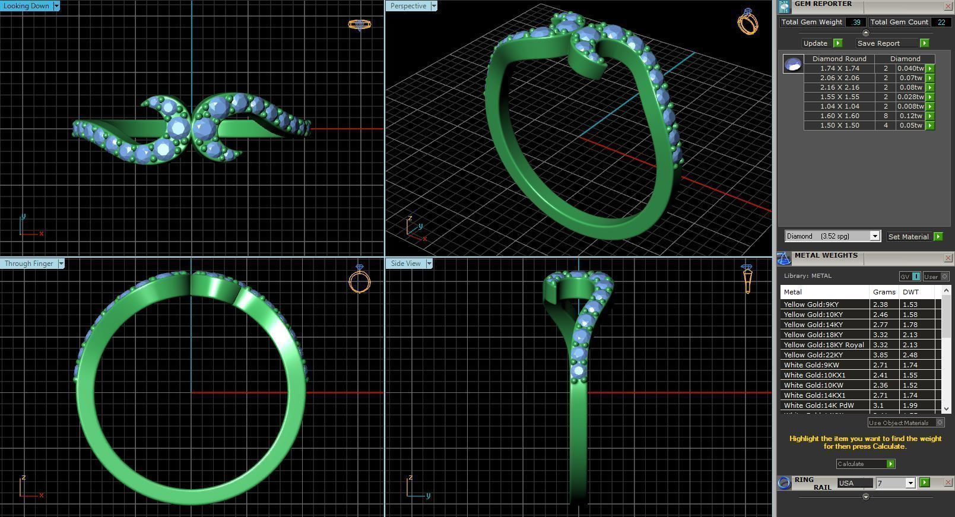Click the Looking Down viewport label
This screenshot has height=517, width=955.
pyautogui.click(x=27, y=6)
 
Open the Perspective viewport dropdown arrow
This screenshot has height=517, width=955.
pyautogui.click(x=434, y=6)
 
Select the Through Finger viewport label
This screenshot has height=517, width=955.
pyautogui.click(x=28, y=264)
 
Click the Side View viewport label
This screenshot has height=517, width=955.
pyautogui.click(x=405, y=264)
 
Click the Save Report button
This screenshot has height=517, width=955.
pyautogui.click(x=878, y=43)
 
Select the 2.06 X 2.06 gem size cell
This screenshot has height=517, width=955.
pyautogui.click(x=839, y=78)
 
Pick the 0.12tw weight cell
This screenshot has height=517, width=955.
pyautogui.click(x=909, y=116)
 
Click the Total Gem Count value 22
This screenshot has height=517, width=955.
pyautogui.click(x=941, y=22)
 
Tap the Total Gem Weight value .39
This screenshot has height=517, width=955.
pyautogui.click(x=855, y=22)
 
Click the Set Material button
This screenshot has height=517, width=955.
pyautogui.click(x=908, y=237)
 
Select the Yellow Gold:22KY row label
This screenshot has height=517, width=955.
pyautogui.click(x=813, y=355)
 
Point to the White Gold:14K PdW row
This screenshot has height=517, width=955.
pyautogui.click(x=818, y=405)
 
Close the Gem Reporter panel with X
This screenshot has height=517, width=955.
pyautogui.click(x=948, y=6)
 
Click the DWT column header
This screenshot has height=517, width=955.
pyautogui.click(x=910, y=292)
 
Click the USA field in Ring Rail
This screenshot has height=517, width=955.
pyautogui.click(x=855, y=483)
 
